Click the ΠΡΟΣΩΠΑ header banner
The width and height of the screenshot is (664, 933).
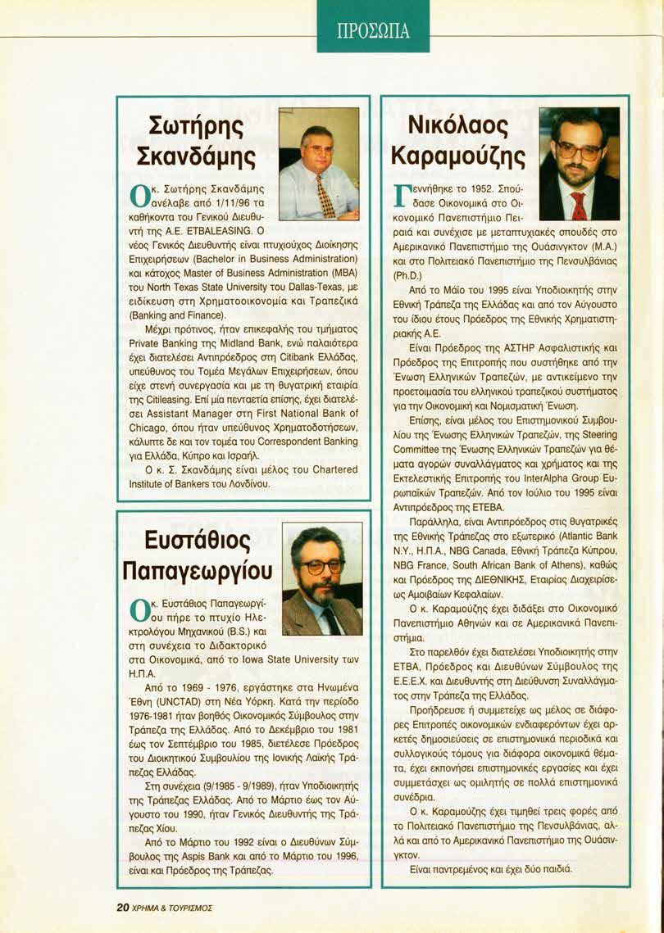(373, 32)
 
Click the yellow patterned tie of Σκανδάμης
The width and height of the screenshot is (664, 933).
(325, 196)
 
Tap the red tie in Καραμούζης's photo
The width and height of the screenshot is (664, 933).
(579, 205)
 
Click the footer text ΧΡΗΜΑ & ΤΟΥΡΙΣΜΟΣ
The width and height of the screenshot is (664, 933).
(172, 907)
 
